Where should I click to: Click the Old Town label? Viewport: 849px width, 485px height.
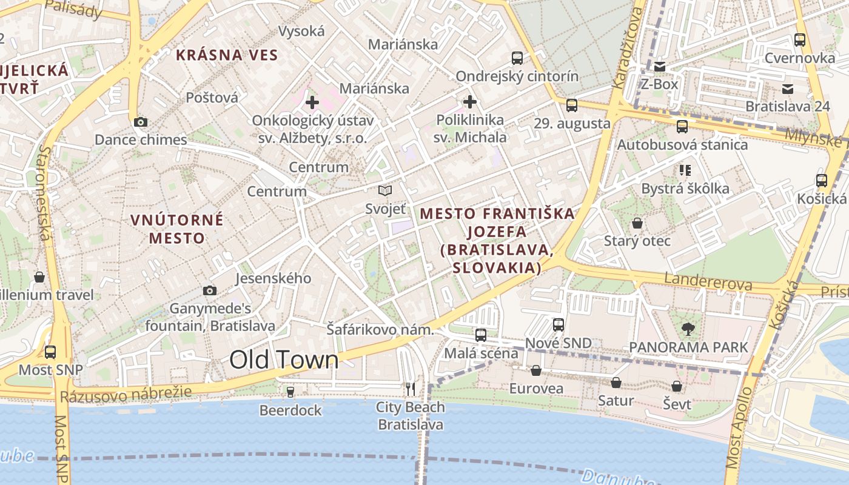(284, 360)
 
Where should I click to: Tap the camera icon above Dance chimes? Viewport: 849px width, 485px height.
(140, 122)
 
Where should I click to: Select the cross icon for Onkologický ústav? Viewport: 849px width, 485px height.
(312, 102)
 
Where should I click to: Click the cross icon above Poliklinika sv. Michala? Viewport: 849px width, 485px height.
(470, 101)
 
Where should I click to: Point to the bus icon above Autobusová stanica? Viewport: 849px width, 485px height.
(682, 127)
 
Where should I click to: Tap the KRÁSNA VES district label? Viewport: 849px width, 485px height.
(227, 56)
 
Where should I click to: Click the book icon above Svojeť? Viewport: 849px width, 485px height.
(385, 191)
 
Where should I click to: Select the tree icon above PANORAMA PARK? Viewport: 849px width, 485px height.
(688, 329)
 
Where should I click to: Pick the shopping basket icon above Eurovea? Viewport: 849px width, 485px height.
(536, 370)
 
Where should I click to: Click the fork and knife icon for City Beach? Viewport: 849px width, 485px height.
(411, 389)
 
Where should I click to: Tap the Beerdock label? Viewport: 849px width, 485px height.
(290, 410)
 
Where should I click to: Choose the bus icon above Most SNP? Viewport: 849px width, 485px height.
(50, 352)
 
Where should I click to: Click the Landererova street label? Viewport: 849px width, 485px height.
(708, 282)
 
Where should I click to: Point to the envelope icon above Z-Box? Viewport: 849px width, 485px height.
(659, 67)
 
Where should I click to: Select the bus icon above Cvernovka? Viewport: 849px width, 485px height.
(800, 40)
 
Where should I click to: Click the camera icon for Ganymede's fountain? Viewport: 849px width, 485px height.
(210, 291)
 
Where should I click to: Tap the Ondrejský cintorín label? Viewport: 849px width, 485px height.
(517, 76)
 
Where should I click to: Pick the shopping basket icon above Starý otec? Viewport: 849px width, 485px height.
(637, 224)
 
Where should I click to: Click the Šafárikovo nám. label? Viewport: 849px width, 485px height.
(380, 330)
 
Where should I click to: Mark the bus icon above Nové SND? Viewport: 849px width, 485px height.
(559, 325)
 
